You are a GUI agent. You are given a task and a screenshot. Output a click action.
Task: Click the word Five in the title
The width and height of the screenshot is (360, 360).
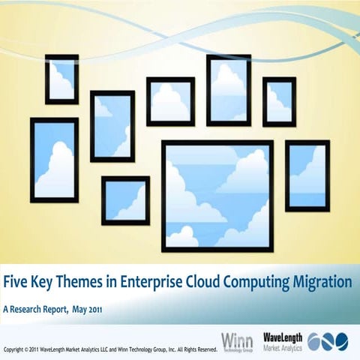pos(18,283)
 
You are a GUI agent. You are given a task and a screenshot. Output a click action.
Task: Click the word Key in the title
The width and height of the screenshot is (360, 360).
pos(45,283)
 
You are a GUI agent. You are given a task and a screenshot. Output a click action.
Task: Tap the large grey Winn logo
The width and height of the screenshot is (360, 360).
pos(237,339)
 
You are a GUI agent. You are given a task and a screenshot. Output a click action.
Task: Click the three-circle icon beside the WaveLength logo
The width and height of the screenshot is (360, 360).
pos(328,342)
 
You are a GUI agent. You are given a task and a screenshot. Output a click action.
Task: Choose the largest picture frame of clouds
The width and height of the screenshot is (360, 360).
pos(217,195)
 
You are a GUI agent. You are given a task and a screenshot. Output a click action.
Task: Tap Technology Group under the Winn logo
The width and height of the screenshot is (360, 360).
pos(237,349)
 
